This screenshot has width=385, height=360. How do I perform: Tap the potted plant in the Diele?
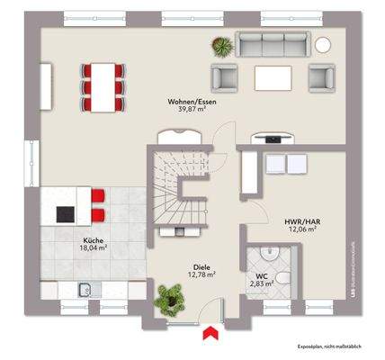168,296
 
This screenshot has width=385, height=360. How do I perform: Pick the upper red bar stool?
98,196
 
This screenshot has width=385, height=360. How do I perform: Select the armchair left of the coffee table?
223,78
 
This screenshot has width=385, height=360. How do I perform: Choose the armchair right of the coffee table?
321,78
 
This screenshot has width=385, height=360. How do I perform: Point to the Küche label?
93,240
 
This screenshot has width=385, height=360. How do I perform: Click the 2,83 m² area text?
261,283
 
